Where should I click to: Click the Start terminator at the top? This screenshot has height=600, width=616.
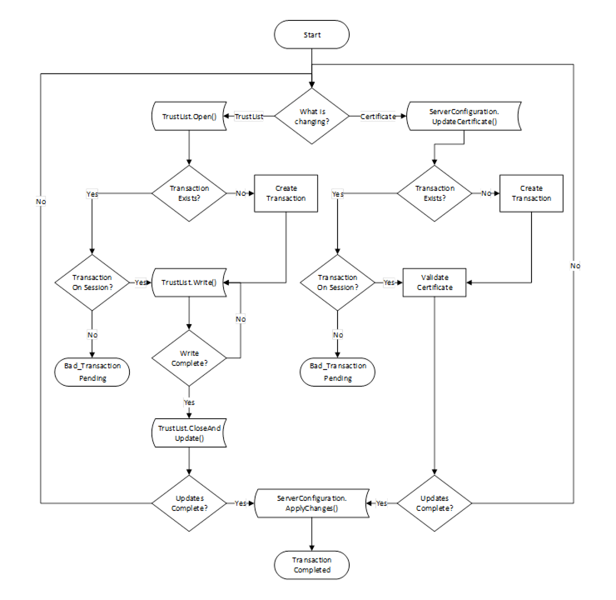point(311,36)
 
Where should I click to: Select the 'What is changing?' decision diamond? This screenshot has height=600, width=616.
point(312,116)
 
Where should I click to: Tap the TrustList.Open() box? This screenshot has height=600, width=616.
point(190,116)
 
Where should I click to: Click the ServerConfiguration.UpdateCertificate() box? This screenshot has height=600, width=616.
point(464,117)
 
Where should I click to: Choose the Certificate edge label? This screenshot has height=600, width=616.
point(377,117)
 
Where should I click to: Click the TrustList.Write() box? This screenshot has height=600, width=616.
point(189,282)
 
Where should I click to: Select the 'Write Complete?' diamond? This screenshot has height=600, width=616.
point(189,358)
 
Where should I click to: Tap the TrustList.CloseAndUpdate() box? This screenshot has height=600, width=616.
point(189,432)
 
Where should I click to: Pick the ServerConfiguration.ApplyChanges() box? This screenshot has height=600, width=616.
point(311,503)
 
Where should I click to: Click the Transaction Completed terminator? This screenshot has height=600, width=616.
point(311,565)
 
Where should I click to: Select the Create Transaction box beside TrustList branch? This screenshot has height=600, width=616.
point(286,193)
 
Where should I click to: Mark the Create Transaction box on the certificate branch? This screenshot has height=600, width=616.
point(531,193)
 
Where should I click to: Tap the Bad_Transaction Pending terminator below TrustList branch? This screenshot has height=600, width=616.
point(92,372)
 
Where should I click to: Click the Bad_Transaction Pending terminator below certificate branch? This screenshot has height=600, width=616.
point(337,372)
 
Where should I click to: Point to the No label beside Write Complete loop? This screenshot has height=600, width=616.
point(241,318)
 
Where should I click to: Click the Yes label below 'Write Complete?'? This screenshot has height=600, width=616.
point(189,402)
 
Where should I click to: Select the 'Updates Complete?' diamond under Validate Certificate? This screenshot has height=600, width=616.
point(434,503)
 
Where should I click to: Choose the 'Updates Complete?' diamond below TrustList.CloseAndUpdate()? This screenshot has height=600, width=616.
point(189,503)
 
